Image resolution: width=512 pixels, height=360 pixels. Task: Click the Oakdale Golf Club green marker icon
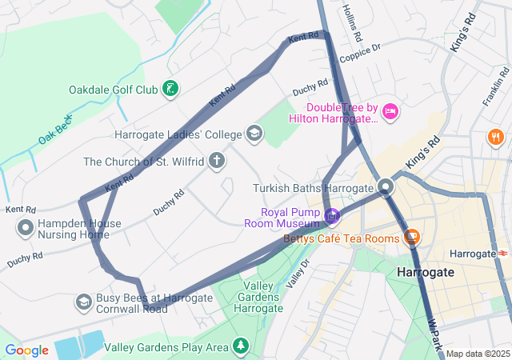click(x=170, y=89)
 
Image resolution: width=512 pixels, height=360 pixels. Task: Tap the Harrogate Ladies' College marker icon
click(x=254, y=133)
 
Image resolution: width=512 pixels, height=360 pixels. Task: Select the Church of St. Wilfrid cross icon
click(x=216, y=162)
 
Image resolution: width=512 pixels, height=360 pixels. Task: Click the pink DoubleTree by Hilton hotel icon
click(x=390, y=111)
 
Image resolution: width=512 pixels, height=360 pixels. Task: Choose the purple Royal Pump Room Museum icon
click(x=332, y=216)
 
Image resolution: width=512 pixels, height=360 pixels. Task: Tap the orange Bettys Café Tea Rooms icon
click(x=412, y=237)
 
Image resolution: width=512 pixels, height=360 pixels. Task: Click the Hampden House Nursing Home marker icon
click(x=25, y=228)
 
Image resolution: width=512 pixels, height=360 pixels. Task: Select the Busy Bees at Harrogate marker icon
click(x=83, y=302)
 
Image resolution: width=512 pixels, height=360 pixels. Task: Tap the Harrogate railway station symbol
click(x=502, y=254)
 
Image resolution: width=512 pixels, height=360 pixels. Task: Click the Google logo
click(x=26, y=350)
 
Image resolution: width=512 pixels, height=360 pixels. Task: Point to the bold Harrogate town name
click(x=425, y=272)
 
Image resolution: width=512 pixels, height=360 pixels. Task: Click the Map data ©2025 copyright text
click(x=477, y=354)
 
